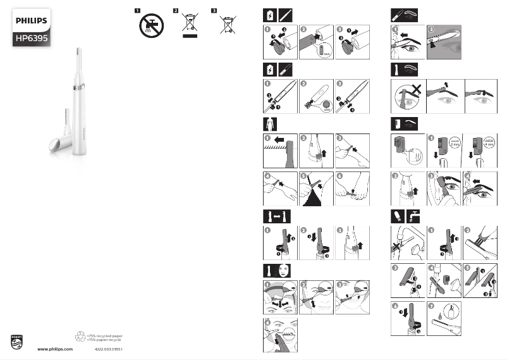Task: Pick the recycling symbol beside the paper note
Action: click(80, 338)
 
